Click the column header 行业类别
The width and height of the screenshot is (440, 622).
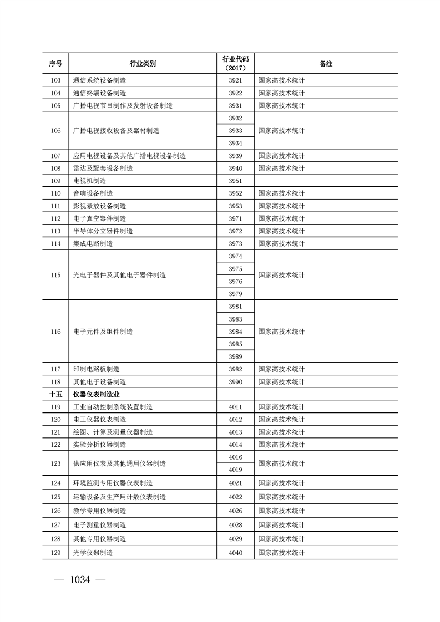pos(141,64)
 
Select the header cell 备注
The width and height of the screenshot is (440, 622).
pos(326,64)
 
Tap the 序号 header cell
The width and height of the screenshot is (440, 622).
pos(55,64)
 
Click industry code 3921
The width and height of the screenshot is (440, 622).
pos(235,80)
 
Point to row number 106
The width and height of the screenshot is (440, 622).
pos(55,131)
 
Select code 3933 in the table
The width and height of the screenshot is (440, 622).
pos(235,131)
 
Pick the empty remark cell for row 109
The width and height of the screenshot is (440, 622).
pos(326,181)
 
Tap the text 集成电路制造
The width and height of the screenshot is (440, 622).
pos(93,243)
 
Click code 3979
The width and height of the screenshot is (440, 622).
pos(235,294)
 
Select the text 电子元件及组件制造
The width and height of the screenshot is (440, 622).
pos(103,332)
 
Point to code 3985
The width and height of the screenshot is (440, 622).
pos(235,344)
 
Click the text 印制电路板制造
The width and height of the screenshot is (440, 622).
pos(96,369)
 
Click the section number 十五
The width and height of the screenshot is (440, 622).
pos(55,394)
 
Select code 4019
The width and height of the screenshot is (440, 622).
pos(235,470)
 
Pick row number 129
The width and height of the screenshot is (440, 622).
pos(55,553)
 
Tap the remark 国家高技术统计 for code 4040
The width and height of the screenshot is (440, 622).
pos(282,553)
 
